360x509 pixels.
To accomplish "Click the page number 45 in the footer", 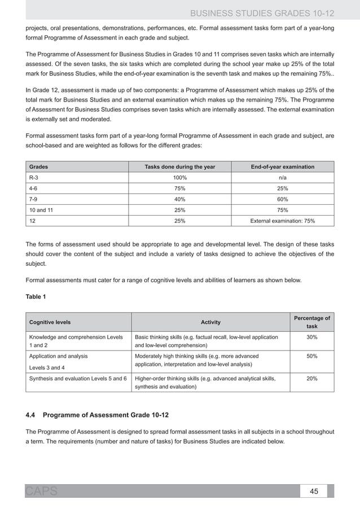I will [314, 491].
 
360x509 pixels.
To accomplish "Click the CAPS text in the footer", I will [41, 491].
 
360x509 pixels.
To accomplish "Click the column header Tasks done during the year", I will [180, 166].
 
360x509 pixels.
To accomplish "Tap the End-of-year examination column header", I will [283, 166].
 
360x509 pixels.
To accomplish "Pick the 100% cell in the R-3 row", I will [180, 177].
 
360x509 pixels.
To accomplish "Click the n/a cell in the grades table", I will [283, 177].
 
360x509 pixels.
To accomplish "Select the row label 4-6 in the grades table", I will [34, 188].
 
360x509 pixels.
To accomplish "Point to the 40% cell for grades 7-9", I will [180, 199].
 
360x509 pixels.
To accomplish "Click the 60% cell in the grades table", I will [283, 199].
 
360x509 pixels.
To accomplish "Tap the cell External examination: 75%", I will [283, 221].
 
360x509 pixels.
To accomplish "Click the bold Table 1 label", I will [37, 296].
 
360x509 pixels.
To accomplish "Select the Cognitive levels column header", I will [50, 322].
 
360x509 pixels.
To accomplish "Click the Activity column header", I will [210, 322].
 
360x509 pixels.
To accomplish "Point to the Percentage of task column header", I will [311, 322].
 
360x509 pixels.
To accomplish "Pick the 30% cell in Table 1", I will [311, 337].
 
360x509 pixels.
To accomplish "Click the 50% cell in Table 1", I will [311, 357].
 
